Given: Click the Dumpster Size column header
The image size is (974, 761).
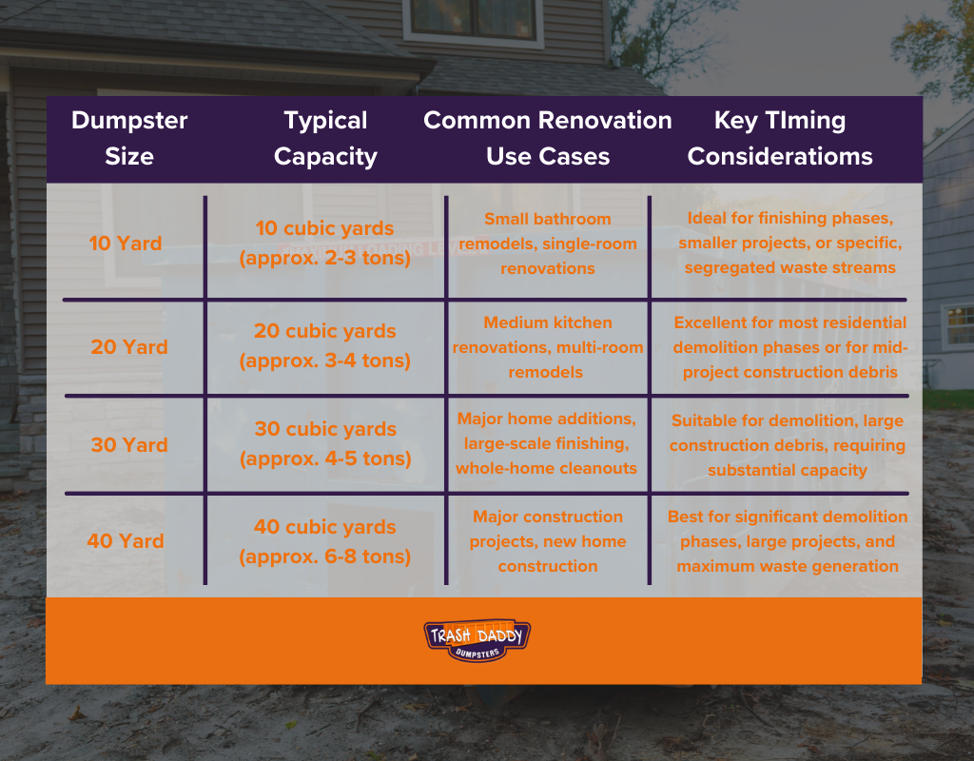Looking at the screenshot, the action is (129, 138).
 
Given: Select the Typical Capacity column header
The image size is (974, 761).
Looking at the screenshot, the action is (325, 138).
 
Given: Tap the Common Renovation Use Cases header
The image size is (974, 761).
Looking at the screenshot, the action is (547, 138).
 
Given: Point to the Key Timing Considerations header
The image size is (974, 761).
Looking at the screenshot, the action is (780, 138).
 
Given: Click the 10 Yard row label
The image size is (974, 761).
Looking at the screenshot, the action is (126, 243).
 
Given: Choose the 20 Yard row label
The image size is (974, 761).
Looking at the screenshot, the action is (129, 346).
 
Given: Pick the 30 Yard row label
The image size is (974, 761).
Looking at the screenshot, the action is (129, 445).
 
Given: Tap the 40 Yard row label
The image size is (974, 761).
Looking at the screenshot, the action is (126, 541).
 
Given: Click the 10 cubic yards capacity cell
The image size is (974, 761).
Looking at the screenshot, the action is (325, 243).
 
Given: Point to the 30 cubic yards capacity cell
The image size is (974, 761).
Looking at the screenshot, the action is (325, 443).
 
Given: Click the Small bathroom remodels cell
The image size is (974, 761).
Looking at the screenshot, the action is (548, 244).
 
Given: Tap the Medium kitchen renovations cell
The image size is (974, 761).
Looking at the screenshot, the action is (548, 347).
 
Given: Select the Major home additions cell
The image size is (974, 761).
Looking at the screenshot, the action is (547, 443).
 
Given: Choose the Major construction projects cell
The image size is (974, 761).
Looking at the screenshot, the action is (548, 541).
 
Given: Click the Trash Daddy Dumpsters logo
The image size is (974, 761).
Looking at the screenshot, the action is (477, 640).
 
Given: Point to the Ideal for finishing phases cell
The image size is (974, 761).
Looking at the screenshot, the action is (790, 243).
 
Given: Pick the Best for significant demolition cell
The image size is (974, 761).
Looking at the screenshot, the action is (788, 541).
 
